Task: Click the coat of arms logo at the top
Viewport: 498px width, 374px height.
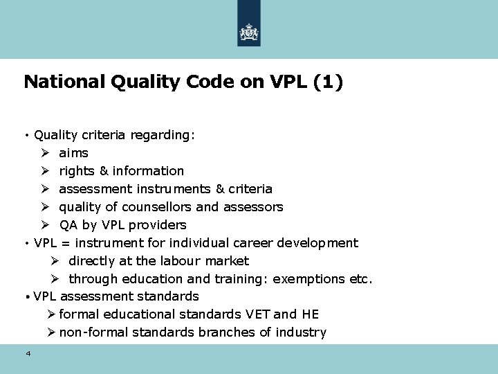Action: pos(249,32)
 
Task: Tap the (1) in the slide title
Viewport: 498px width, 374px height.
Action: pos(327,82)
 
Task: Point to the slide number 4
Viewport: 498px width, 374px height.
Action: pos(28,354)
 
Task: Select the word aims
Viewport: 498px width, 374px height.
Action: pos(74,152)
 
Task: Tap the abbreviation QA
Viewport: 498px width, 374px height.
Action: pos(68,224)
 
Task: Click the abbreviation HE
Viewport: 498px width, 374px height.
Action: pos(311,314)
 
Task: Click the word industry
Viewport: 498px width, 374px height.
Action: pos(301,332)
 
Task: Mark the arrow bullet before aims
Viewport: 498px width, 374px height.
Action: pos(44,152)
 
